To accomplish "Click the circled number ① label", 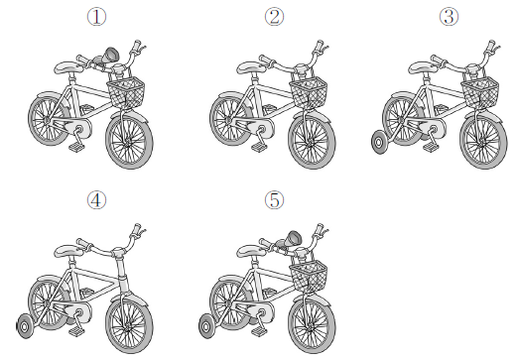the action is pos(96,17).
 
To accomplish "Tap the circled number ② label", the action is pos(274,17).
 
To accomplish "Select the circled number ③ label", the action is pos(449,17).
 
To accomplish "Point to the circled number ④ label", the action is pos(96,200).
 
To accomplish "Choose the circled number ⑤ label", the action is pos(274,200).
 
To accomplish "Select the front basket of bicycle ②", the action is pos(309,92).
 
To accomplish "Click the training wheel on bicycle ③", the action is pos(379,143).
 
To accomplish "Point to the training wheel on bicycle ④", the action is pos(25,326).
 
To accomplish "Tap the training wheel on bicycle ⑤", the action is pos(206,326).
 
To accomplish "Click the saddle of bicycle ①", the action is pos(68,67).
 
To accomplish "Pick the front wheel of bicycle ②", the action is pos(312,142).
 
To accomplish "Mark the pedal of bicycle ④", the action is pos(76,331).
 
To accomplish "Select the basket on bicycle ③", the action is pos(480,92).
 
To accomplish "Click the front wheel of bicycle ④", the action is pos(129,326).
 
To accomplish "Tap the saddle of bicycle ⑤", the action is pos(251,251).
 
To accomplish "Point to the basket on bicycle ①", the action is pos(126,92).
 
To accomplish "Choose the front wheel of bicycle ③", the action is pos(483,142).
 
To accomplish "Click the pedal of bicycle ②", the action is pos(259,147).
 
